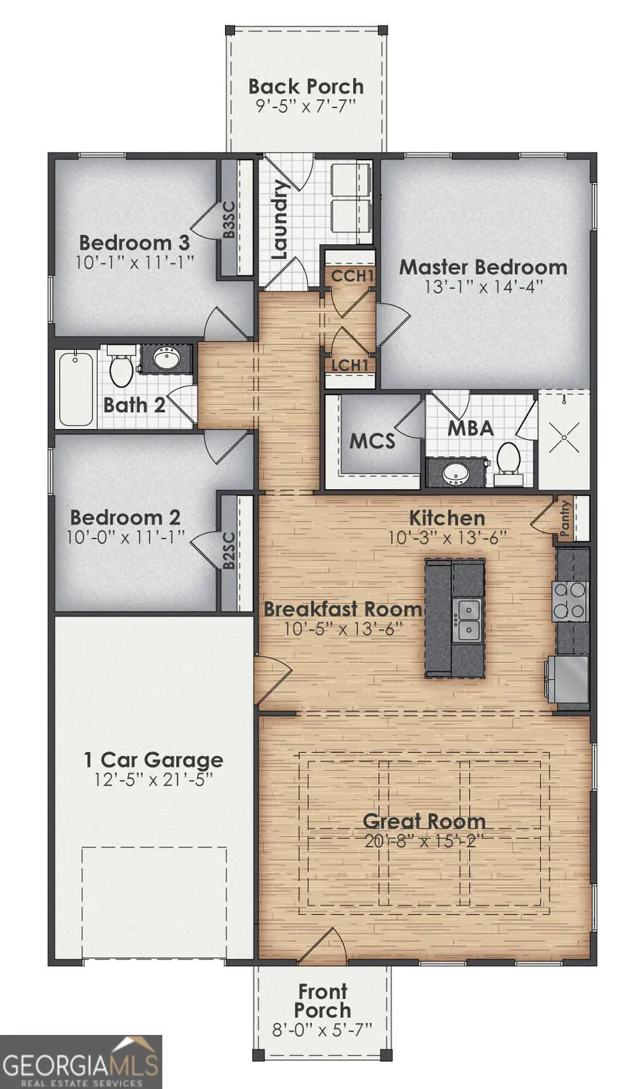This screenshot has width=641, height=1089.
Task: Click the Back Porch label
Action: [x=306, y=87]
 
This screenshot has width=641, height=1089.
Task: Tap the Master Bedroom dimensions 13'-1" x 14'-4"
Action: [x=484, y=287]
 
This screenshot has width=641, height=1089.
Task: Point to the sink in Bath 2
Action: [x=167, y=358]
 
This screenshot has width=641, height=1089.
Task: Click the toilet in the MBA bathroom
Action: [x=508, y=458]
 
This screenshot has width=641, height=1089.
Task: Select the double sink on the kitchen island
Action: [x=468, y=620]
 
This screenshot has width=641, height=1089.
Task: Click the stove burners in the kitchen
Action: [x=570, y=600]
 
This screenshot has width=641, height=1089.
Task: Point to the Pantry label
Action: [x=566, y=517]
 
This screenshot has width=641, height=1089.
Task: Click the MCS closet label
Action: [x=372, y=441]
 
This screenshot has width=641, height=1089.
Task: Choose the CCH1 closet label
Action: [x=353, y=275]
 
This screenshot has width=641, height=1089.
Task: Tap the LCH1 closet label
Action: [x=350, y=366]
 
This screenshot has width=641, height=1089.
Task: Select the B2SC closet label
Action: [x=229, y=550]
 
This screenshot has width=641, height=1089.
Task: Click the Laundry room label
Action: [x=279, y=219]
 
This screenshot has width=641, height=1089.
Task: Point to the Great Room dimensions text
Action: [x=424, y=841]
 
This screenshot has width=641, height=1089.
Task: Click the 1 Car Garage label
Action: [x=153, y=760]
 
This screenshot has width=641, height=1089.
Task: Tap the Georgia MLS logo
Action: [x=80, y=1062]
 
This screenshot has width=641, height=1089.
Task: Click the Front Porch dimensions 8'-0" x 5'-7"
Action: [x=322, y=1029]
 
